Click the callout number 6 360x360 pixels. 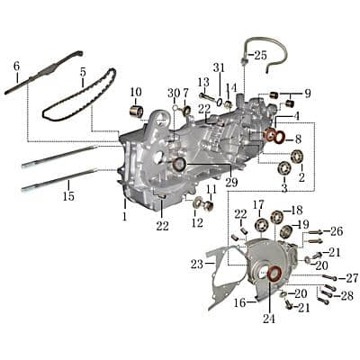click(16, 66)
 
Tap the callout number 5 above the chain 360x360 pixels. click(83, 71)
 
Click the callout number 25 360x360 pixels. click(260, 55)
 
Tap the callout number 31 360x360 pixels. click(219, 68)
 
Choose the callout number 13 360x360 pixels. click(203, 82)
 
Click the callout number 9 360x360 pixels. click(307, 93)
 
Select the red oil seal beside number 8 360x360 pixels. click(270, 136)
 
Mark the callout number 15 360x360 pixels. click(68, 196)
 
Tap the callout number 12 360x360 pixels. click(197, 221)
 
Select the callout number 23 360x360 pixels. click(197, 265)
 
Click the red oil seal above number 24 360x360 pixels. click(275, 274)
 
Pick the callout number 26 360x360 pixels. click(337, 231)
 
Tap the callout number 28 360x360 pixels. click(347, 295)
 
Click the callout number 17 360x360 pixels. click(258, 204)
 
